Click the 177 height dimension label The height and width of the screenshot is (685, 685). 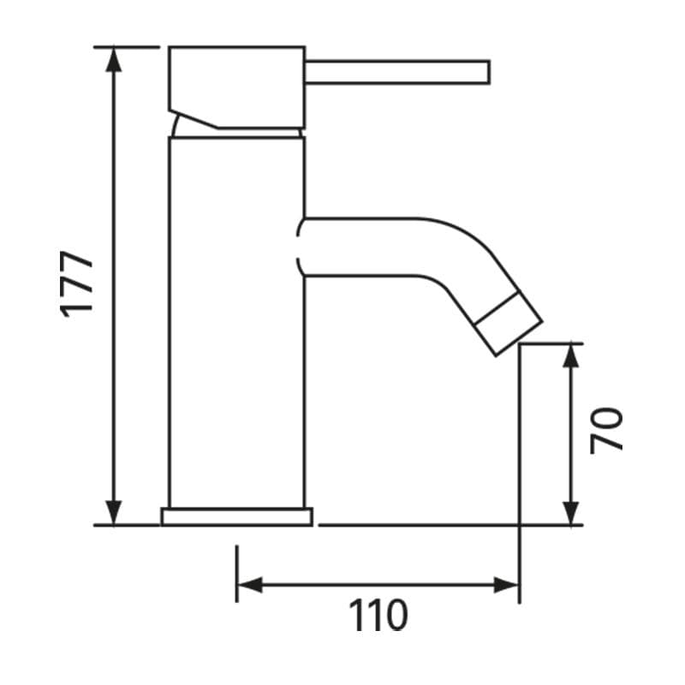tap(78, 283)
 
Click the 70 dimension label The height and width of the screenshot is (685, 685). tap(607, 430)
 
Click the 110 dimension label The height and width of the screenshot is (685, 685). tap(377, 616)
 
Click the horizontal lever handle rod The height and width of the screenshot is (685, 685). tap(394, 72)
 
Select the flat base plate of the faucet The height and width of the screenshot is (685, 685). tap(237, 516)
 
